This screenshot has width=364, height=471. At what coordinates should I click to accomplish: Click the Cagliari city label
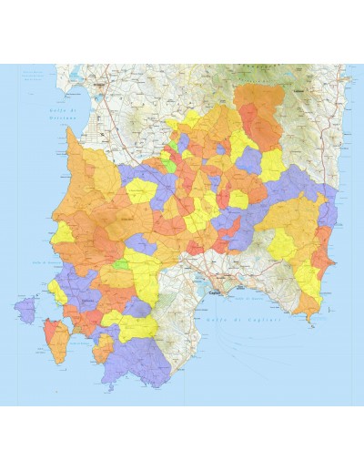216,293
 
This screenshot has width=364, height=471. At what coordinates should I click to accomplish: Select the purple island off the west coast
25,309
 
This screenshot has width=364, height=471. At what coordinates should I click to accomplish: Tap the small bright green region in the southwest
120,263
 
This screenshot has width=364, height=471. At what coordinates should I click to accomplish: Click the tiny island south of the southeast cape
318,326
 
